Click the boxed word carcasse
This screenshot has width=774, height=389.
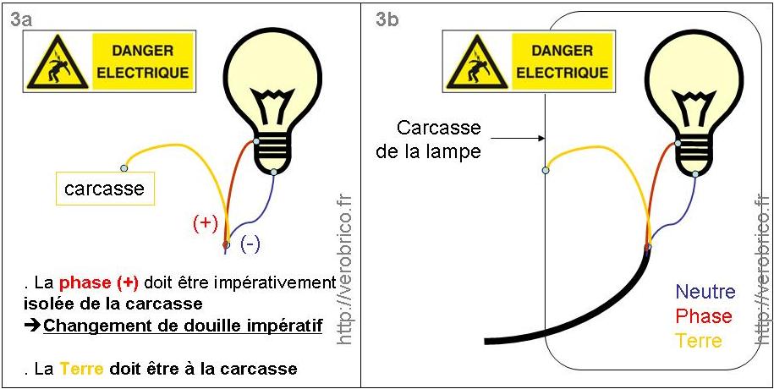[x=104, y=189]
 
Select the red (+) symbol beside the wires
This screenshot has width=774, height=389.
[x=206, y=223]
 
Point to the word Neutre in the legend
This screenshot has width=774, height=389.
[x=705, y=292]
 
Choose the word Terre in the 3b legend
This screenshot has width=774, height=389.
[x=699, y=341]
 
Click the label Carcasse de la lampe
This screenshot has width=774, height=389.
[x=439, y=140]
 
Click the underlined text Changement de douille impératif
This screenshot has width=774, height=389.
[x=183, y=324]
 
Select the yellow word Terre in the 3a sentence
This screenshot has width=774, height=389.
[x=80, y=369]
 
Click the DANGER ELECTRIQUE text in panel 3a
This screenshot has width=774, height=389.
[x=143, y=63]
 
